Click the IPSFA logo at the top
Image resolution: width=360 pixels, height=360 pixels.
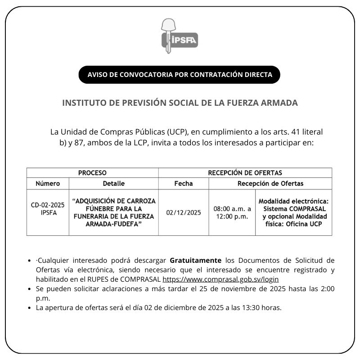180,36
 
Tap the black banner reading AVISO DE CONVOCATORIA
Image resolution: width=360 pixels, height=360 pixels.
180,75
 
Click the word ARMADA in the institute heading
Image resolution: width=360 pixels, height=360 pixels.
279,103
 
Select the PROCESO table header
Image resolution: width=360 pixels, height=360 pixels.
92,173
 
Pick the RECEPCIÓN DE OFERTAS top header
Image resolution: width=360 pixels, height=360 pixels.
245,173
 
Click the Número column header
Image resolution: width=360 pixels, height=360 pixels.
48,184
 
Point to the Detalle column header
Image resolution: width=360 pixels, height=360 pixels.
113,184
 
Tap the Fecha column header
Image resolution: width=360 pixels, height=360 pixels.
183,184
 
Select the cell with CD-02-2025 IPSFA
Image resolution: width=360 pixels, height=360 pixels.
48,209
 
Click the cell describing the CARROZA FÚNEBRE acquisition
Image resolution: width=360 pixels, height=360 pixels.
113,212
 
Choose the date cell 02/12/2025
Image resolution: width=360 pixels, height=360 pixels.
183,212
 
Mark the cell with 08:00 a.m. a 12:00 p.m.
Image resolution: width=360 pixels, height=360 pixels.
232,212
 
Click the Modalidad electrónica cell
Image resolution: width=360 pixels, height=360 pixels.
293,212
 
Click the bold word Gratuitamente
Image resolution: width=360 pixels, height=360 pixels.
196,261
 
